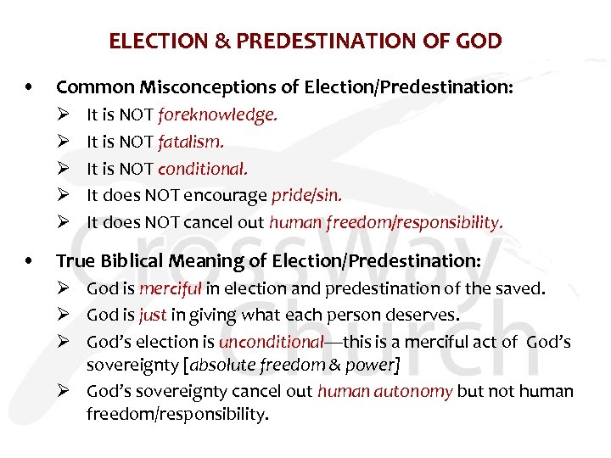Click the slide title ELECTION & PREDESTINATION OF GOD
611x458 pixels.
305,40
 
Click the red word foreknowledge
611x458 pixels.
217,114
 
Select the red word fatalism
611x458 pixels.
197,142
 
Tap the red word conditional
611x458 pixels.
209,169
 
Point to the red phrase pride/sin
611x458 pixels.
306,196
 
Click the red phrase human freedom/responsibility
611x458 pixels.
386,223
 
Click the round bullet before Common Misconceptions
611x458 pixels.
31,87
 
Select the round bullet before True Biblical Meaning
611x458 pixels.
31,260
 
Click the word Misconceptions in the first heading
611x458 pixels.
182,87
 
